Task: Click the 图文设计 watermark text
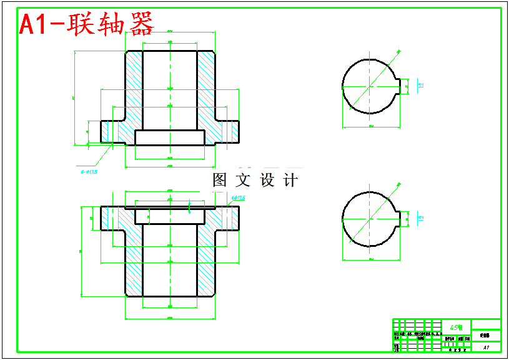(255, 181)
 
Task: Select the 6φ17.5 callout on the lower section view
(239, 198)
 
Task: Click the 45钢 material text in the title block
(456, 327)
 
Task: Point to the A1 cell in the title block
(486, 347)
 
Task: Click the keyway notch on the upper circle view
(403, 86)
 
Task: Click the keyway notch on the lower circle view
(403, 218)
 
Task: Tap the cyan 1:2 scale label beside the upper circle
(421, 85)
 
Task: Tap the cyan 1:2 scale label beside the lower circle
(421, 217)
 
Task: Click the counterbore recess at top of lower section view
(170, 216)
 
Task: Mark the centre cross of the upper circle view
(371, 86)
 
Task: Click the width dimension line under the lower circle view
(371, 258)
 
